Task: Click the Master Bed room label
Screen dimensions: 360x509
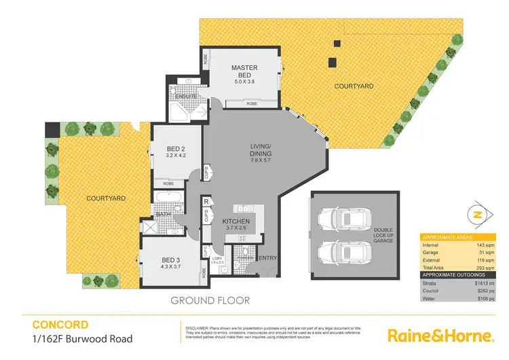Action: point(243,71)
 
